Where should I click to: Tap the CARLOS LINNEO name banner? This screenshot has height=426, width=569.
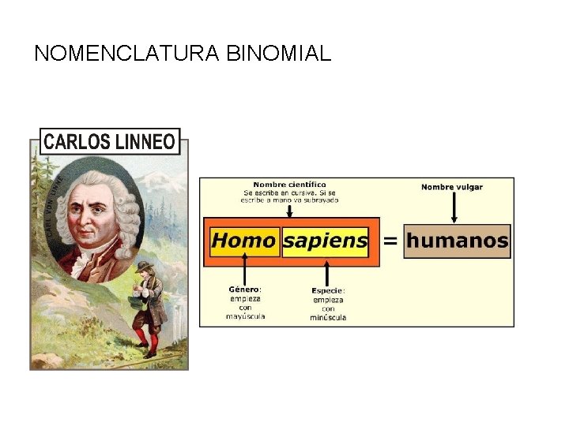(x=109, y=142)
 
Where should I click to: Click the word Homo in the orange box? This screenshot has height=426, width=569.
(x=243, y=240)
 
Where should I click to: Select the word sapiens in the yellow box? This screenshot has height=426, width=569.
(x=325, y=240)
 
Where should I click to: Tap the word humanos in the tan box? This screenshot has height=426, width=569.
(x=457, y=241)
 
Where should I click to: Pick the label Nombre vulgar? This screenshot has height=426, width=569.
(x=452, y=187)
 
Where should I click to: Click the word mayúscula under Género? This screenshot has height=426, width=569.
(x=245, y=316)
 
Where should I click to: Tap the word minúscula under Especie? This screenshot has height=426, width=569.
(x=328, y=317)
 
